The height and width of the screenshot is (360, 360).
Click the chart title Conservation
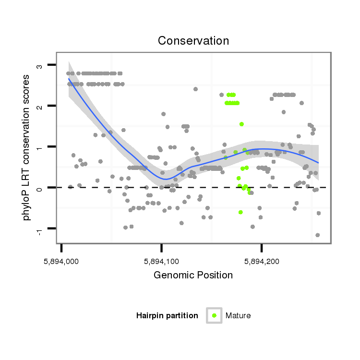[193, 41]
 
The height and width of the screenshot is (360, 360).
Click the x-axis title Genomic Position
[193, 275]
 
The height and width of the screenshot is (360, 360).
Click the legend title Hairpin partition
[167, 315]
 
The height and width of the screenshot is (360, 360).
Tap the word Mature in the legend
[238, 315]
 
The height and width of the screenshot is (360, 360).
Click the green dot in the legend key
[214, 315]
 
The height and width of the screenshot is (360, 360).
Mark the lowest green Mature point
[240, 212]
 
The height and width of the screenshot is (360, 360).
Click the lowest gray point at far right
[317, 235]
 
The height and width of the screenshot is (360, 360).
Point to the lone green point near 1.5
[241, 124]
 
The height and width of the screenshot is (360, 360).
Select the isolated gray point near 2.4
[195, 89]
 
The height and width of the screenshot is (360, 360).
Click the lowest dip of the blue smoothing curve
[165, 179]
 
